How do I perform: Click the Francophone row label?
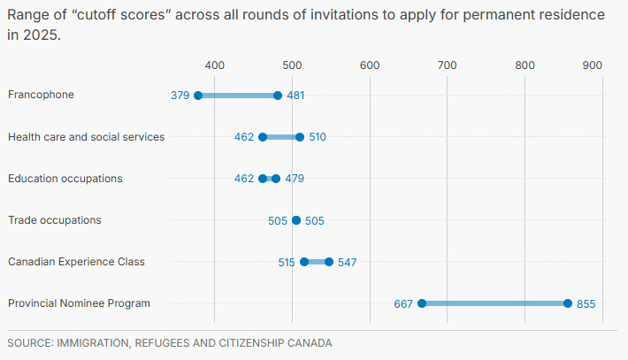[x=41, y=95]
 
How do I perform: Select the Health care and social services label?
[x=86, y=136]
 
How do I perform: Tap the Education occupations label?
[x=65, y=178]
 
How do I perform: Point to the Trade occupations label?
[x=54, y=219]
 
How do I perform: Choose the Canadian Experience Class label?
[x=76, y=261]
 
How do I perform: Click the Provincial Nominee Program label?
[x=79, y=303]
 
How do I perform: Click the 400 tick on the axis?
[x=214, y=65]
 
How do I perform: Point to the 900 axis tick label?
[x=592, y=65]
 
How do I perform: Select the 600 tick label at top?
[x=370, y=65]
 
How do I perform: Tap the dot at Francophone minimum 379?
[x=198, y=96]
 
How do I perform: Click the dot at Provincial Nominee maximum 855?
[x=568, y=303]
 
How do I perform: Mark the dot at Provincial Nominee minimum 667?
[x=422, y=303]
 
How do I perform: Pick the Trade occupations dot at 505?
[x=296, y=220]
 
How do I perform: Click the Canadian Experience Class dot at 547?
[x=329, y=262]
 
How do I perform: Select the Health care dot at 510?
[x=300, y=137]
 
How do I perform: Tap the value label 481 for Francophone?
[x=296, y=96]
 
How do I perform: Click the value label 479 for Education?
[x=295, y=179]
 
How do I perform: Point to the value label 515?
[x=286, y=262]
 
